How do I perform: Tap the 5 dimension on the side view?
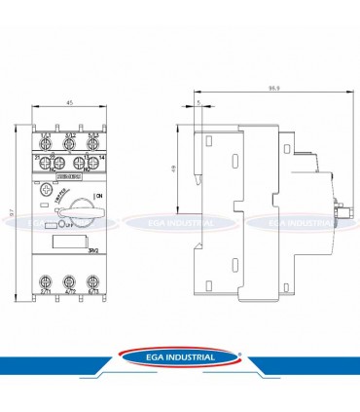(198, 102)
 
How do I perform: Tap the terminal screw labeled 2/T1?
(45, 282)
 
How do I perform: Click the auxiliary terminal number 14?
(101, 156)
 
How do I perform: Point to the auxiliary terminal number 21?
(36, 156)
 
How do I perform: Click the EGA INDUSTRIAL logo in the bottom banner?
(180, 357)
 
